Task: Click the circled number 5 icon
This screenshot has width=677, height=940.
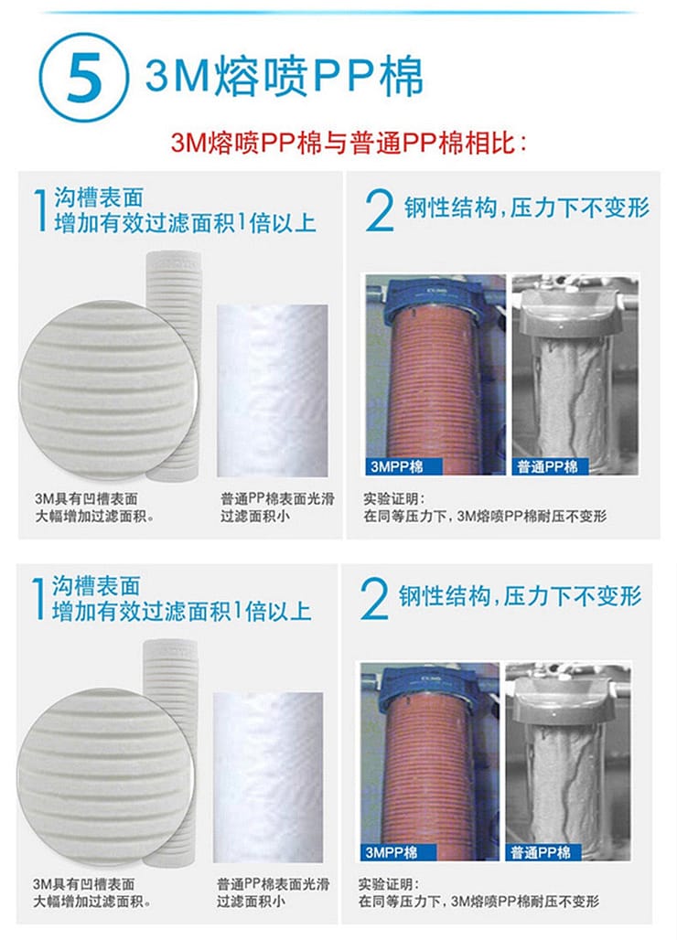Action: [82, 78]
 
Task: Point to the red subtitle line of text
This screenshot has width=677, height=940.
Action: [349, 144]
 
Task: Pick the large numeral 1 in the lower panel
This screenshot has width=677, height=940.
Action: [38, 598]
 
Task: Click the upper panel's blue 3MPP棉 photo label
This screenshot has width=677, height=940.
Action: [404, 466]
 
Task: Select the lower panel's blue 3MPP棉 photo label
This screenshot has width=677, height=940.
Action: [398, 852]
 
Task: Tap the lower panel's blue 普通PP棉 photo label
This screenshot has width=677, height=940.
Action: [543, 852]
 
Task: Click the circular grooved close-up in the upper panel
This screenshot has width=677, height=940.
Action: [109, 390]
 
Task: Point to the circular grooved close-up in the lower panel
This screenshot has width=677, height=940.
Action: [105, 777]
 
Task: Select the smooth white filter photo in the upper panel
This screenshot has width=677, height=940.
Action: [273, 390]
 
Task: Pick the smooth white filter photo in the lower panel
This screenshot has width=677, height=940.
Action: [268, 777]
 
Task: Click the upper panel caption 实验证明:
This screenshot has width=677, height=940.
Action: [393, 498]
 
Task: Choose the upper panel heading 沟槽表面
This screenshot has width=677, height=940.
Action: [100, 198]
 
